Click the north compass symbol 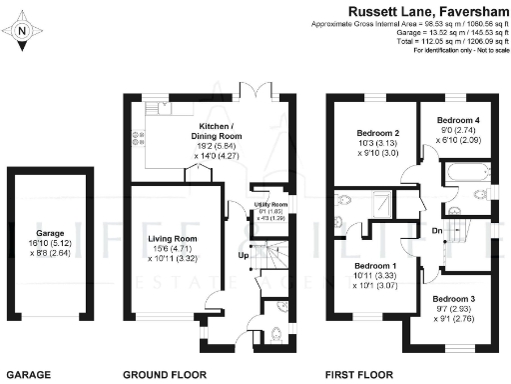[x=22, y=31]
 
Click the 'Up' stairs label [x=241, y=256]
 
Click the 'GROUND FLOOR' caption [x=165, y=374]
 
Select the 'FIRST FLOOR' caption [x=362, y=374]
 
